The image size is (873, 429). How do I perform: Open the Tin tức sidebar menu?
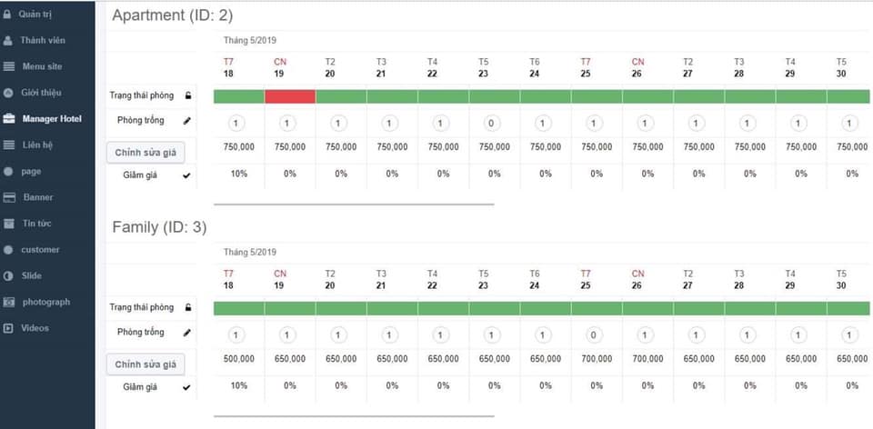[x=37, y=223]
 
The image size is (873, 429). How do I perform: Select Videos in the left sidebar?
[x=35, y=327]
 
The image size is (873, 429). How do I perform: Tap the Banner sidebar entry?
[x=38, y=196]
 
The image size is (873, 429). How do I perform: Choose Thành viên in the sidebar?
[x=43, y=40]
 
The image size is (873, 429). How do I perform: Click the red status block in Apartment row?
[x=290, y=96]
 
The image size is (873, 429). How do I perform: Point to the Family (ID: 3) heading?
[x=157, y=227]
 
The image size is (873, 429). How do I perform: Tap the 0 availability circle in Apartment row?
[x=490, y=124]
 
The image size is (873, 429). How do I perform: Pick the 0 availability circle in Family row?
[x=593, y=336]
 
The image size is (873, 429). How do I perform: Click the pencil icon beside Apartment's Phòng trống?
[x=187, y=120]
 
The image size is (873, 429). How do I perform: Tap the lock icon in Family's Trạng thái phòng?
[x=187, y=307]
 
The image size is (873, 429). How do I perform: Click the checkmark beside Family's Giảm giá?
[x=187, y=387]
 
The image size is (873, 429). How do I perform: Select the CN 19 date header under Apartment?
[x=280, y=67]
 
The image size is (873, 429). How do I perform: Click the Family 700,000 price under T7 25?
[x=593, y=359]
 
